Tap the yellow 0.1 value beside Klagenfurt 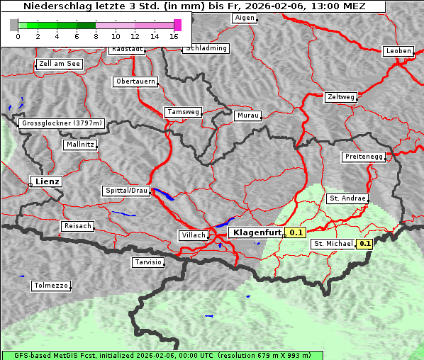(296, 232)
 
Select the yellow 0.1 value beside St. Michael (365, 244)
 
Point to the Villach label (193, 235)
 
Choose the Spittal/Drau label (127, 191)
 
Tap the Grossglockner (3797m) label (62, 123)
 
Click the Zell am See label (60, 64)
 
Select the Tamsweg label (184, 112)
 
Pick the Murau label (248, 115)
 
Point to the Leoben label (398, 51)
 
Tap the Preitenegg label (364, 157)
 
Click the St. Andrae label (347, 198)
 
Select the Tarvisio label (148, 262)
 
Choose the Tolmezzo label (51, 286)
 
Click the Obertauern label (135, 81)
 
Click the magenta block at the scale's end (177, 25)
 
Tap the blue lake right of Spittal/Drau (164, 193)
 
